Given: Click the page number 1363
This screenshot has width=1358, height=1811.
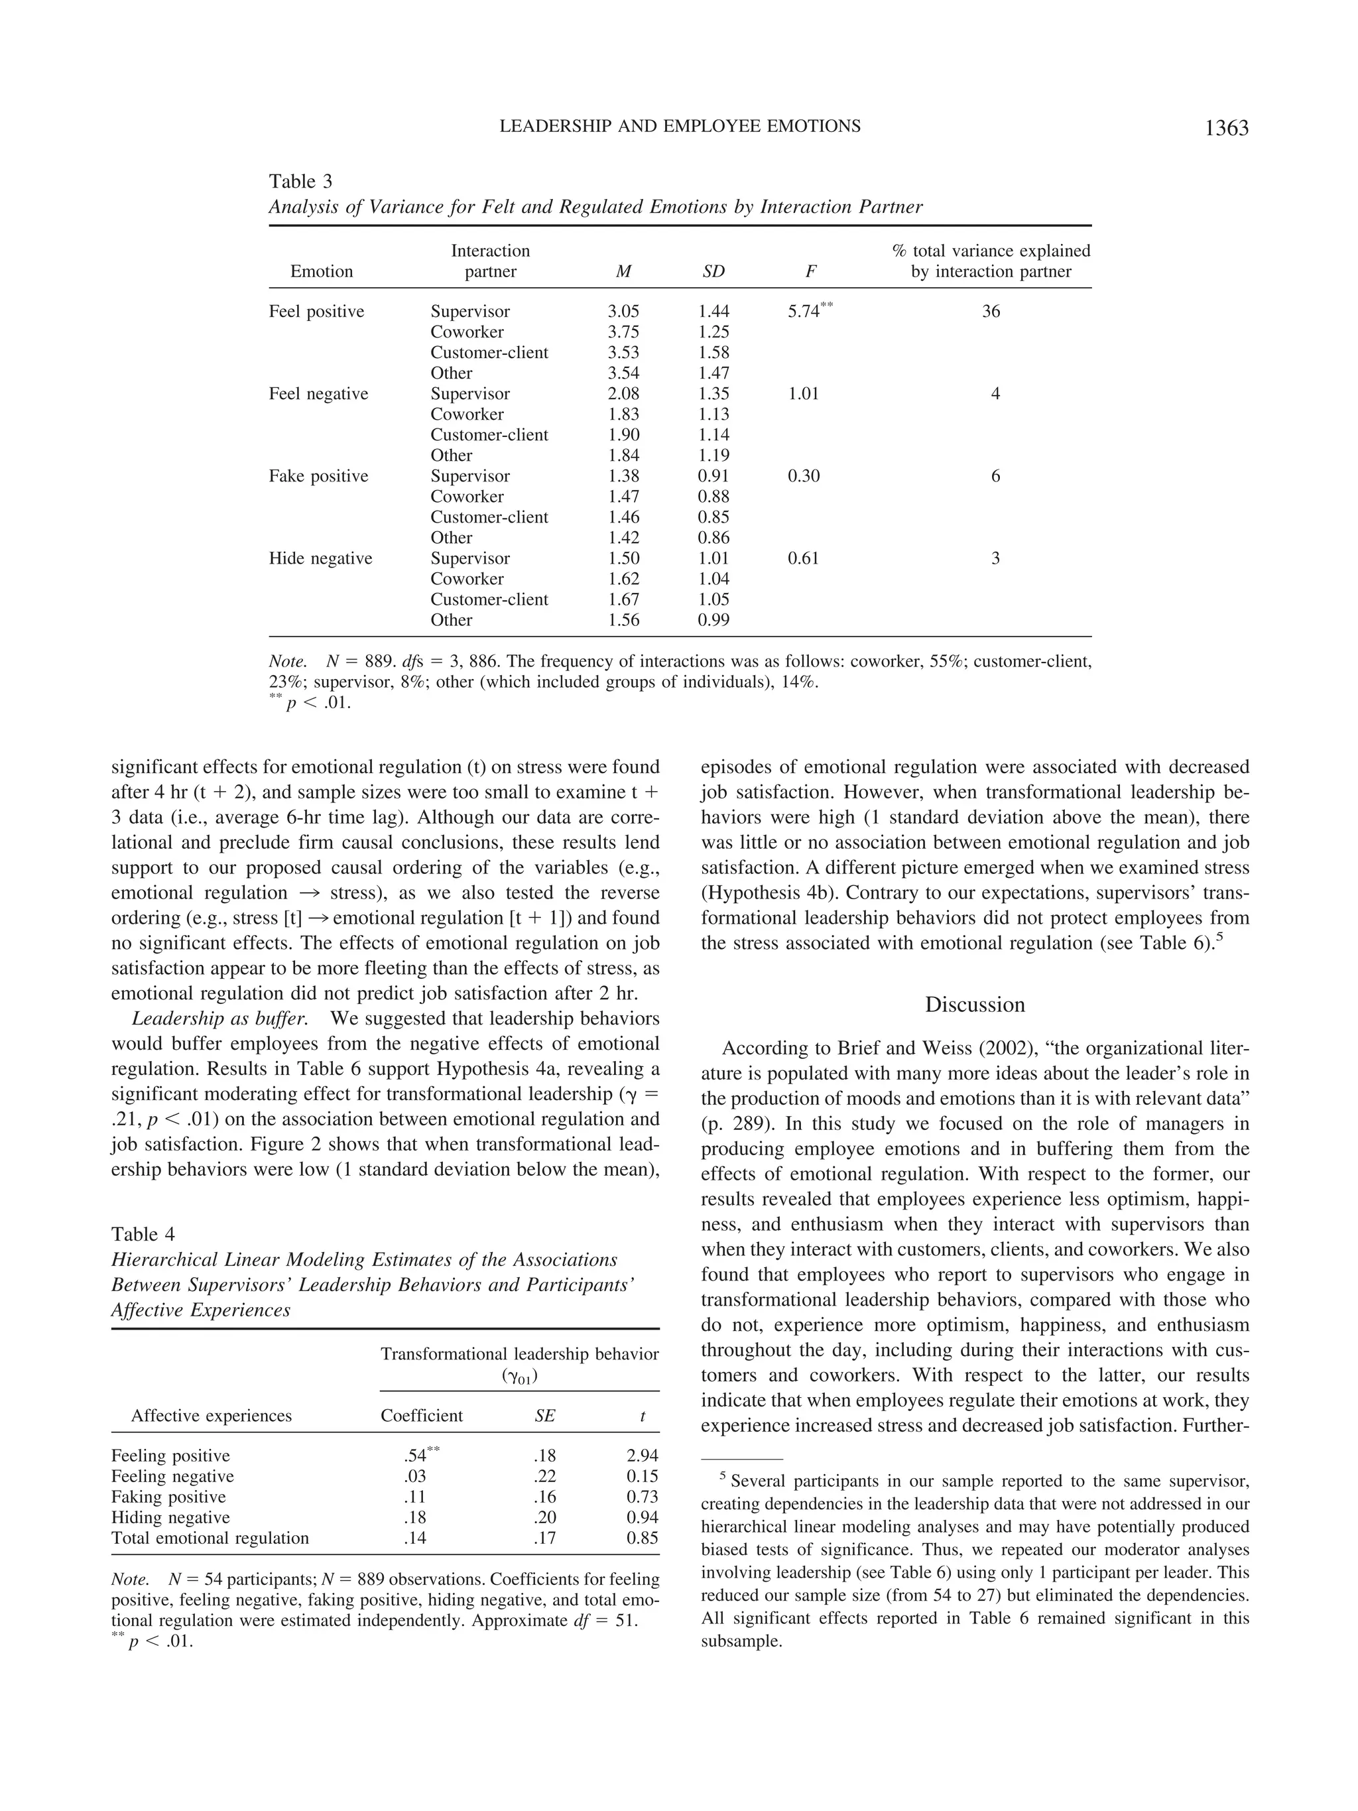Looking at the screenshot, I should click(1225, 129).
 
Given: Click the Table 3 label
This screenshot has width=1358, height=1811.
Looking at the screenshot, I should click(300, 181).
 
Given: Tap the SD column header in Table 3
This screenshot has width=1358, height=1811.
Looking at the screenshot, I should click(713, 272).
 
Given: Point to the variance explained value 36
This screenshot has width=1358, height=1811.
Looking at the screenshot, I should click(991, 311).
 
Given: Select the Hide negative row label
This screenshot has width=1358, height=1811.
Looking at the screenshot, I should click(320, 558).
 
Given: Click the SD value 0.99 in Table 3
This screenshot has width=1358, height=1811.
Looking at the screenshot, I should click(713, 620).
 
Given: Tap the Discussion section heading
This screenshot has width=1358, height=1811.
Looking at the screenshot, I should click(974, 1005).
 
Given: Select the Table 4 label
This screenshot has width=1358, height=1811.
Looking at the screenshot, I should click(143, 1234).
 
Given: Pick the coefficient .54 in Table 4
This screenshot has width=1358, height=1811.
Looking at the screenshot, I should click(415, 1456).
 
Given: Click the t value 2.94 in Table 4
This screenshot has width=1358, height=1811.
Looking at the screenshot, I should click(642, 1456).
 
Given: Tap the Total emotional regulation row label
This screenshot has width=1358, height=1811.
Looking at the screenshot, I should click(210, 1538).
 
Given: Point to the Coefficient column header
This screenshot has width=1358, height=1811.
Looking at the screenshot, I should click(422, 1416).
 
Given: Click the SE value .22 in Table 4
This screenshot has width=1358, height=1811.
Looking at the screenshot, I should click(544, 1476).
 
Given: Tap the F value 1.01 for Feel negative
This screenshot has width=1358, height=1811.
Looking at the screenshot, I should click(803, 394).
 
